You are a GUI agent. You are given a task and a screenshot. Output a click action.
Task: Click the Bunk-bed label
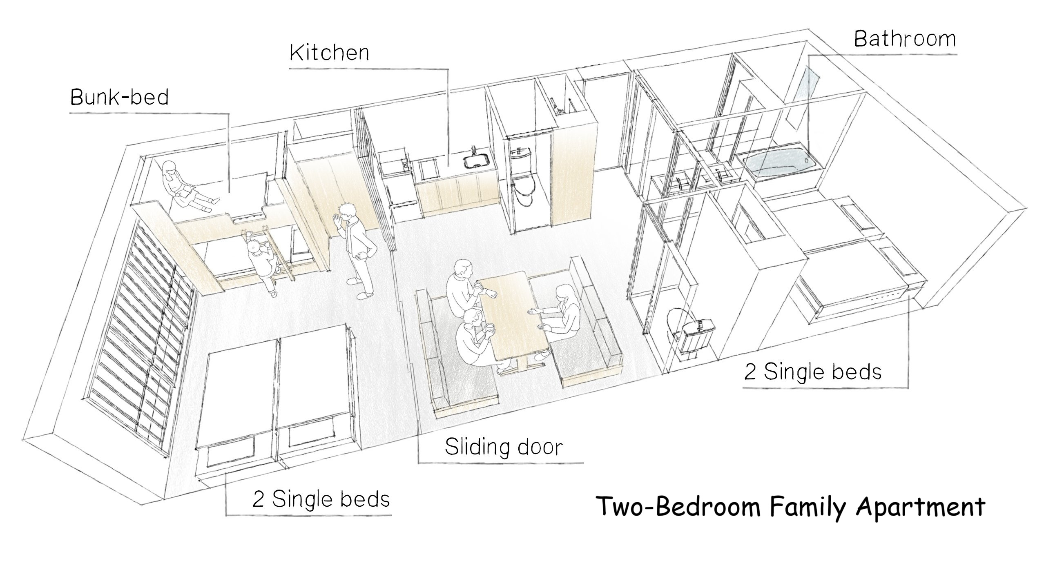tap(119, 98)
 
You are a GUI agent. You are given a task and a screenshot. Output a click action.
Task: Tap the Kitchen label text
tap(329, 53)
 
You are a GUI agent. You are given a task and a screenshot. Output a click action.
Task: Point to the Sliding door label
tap(503, 447)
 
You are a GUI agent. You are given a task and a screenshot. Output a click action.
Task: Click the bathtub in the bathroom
tap(776, 164)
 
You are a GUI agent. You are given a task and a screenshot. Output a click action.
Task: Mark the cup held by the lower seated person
tap(489, 328)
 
